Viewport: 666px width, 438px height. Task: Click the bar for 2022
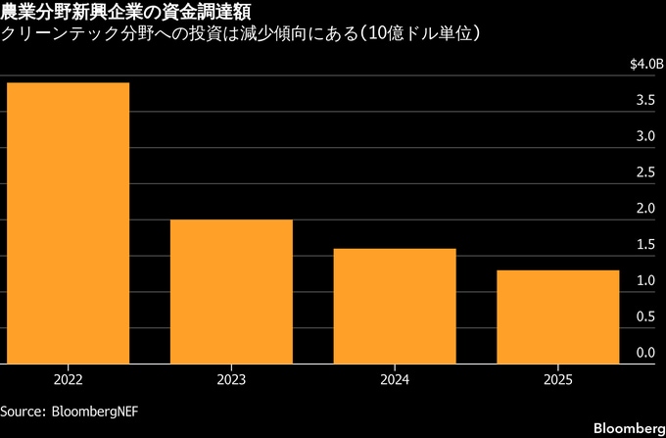[67, 222]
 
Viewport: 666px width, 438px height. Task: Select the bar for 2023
[232, 291]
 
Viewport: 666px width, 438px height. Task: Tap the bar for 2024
[396, 306]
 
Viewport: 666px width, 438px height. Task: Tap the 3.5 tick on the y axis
[644, 100]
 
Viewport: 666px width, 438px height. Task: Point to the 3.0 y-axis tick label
[644, 136]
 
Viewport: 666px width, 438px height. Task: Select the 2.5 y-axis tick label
[644, 172]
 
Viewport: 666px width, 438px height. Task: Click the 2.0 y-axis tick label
[644, 209]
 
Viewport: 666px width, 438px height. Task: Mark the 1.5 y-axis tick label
[644, 245]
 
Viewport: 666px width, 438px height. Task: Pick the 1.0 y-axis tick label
[644, 281]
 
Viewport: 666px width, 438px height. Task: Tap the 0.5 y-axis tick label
[644, 316]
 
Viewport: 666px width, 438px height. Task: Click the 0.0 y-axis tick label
[644, 353]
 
